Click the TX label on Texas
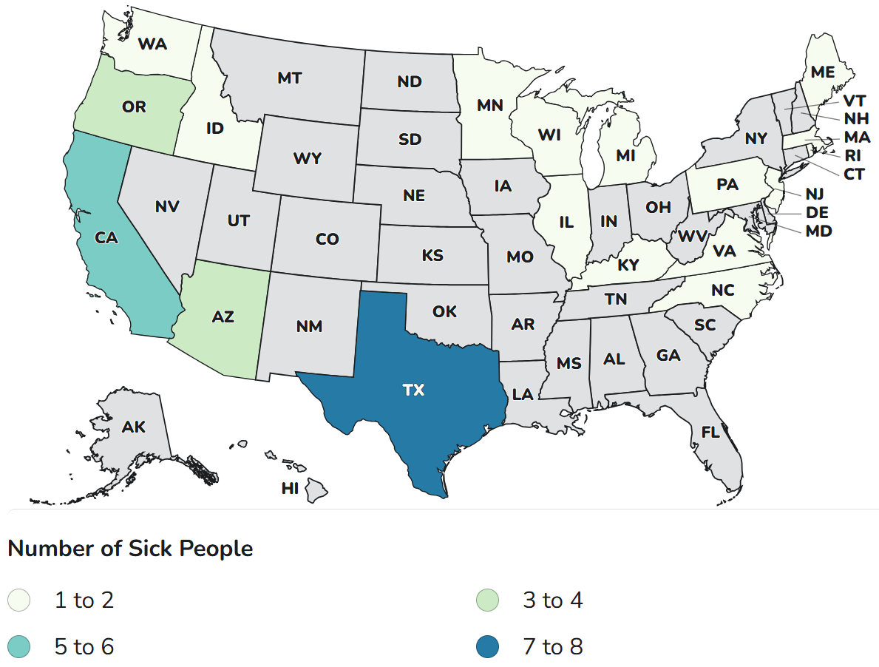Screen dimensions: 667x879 [413, 390]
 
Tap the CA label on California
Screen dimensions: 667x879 [108, 237]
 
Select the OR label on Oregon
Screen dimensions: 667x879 [134, 107]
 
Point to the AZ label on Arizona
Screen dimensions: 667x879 [223, 317]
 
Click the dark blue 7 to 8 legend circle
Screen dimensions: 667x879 [488, 647]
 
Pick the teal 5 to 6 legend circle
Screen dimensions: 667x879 [19, 647]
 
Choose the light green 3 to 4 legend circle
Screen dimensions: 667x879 [488, 600]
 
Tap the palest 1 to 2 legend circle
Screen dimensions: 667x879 [19, 600]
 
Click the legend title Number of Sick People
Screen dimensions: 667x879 [130, 549]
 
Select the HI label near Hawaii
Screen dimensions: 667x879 [290, 488]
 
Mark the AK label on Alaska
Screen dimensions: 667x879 [134, 427]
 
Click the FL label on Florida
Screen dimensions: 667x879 [710, 433]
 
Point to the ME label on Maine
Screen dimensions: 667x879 [822, 72]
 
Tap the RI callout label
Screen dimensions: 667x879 [852, 156]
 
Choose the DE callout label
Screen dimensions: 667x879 [817, 212]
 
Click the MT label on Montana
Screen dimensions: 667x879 [289, 78]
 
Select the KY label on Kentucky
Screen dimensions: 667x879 [627, 265]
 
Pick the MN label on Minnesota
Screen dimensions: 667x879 [489, 105]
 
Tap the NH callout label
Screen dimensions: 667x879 [855, 119]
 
